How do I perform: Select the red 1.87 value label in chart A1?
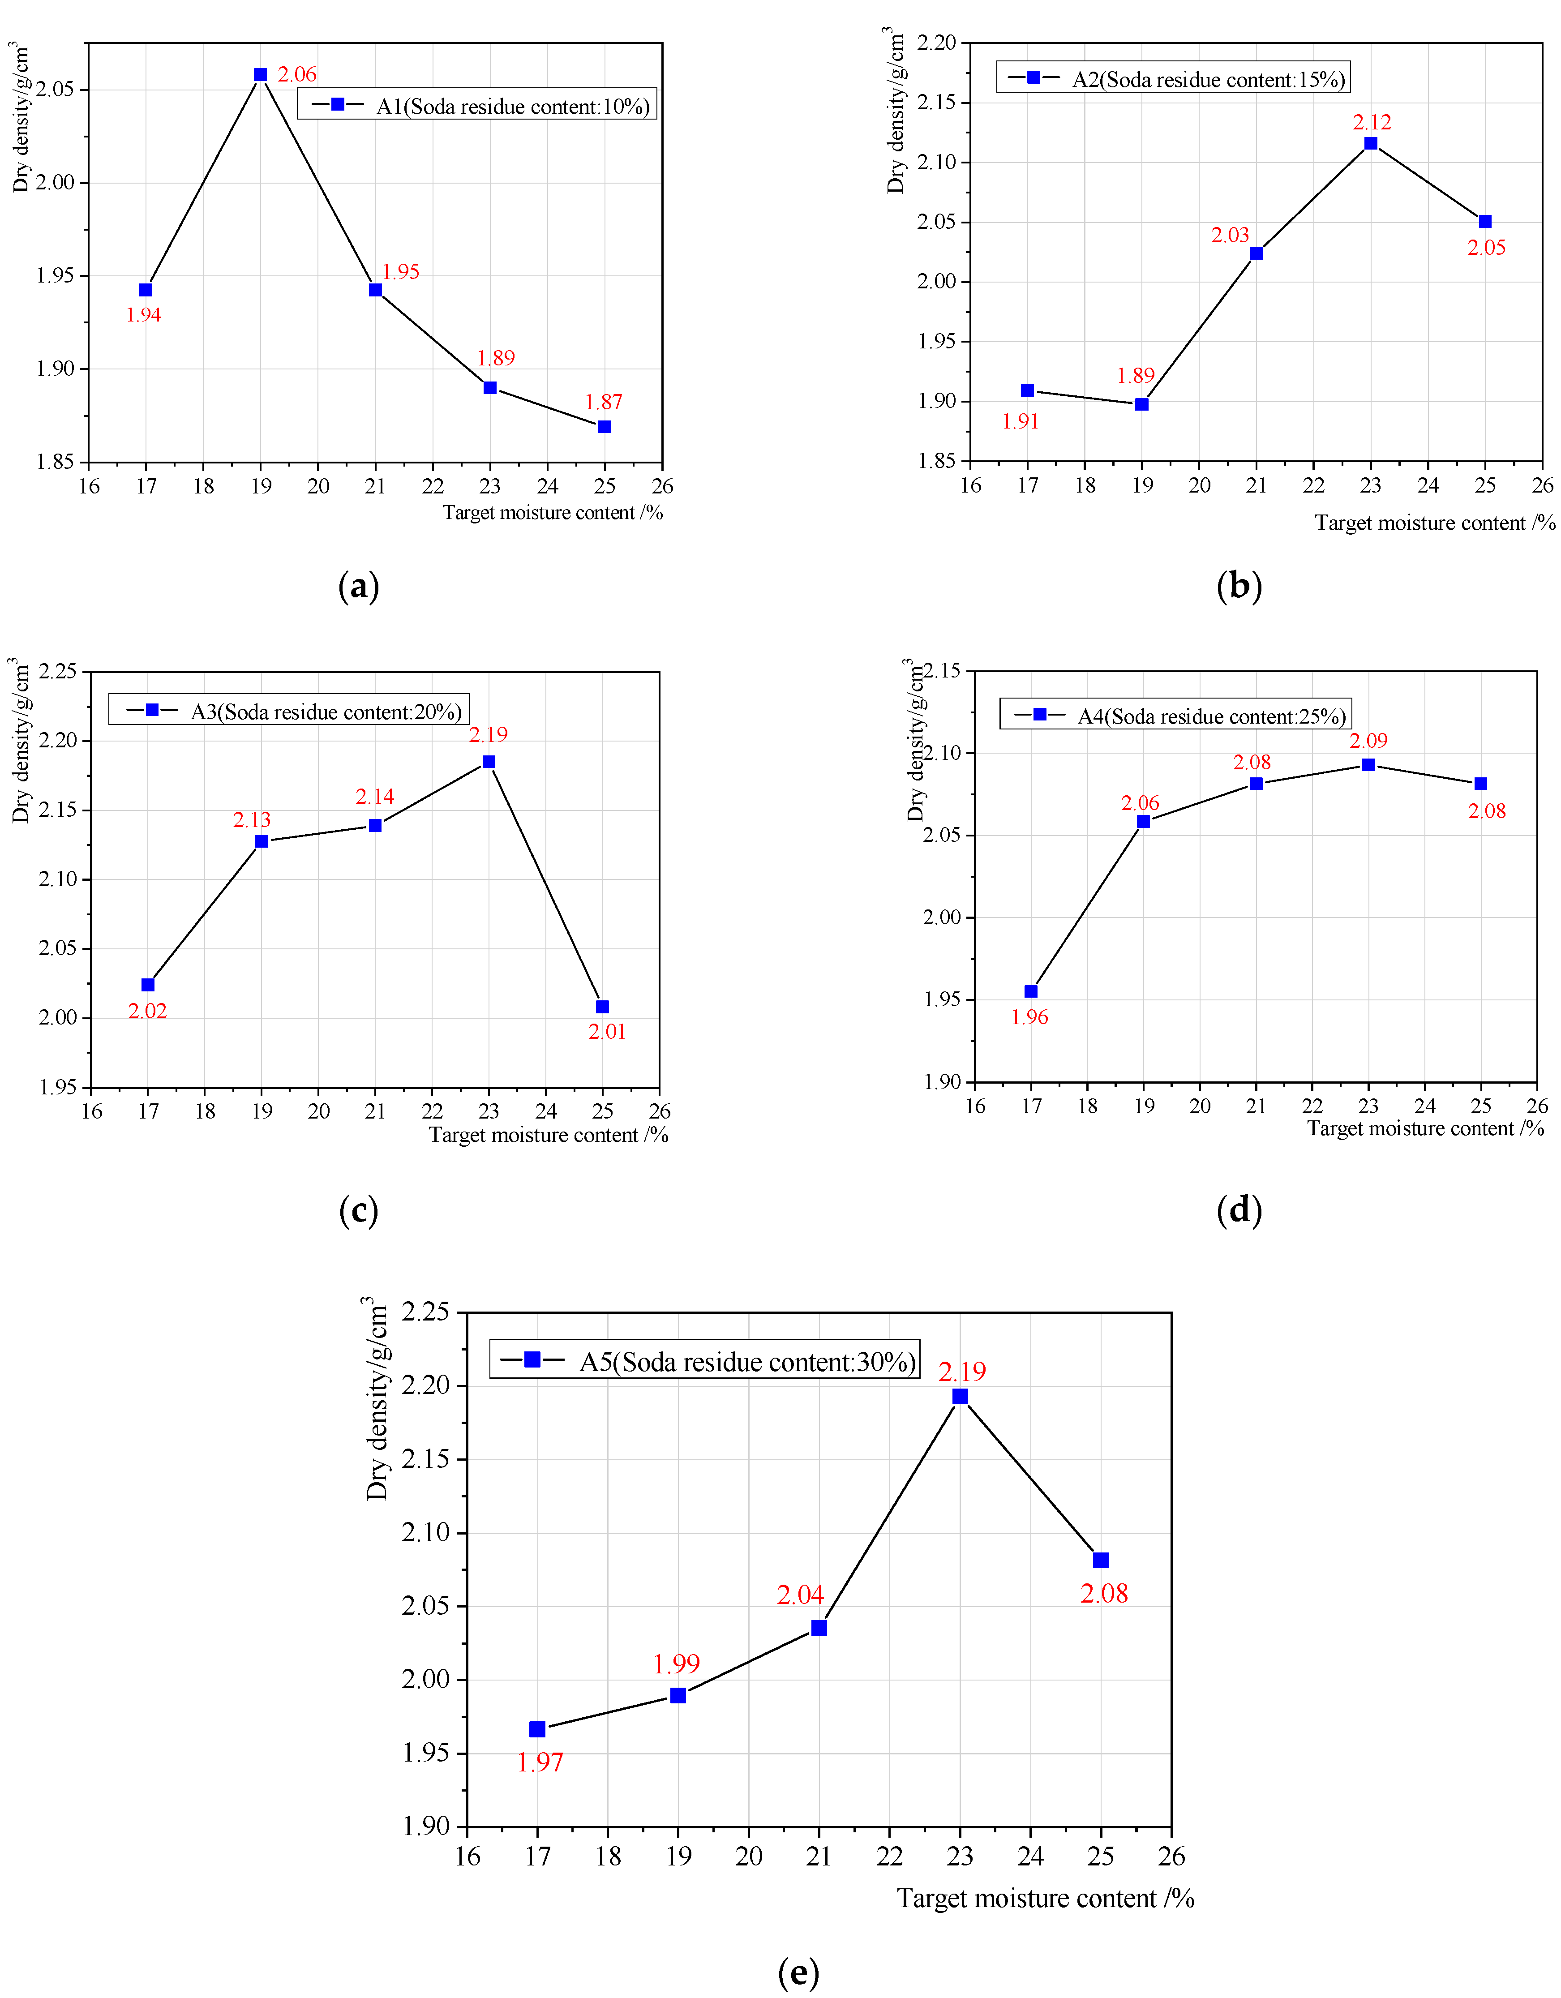604,403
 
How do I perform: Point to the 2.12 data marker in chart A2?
1371,144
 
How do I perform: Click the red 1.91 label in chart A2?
1020,422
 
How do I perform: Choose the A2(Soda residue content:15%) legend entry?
1173,79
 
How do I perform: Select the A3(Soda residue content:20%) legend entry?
289,711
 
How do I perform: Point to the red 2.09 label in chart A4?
1369,741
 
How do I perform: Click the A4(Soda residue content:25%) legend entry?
1176,716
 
